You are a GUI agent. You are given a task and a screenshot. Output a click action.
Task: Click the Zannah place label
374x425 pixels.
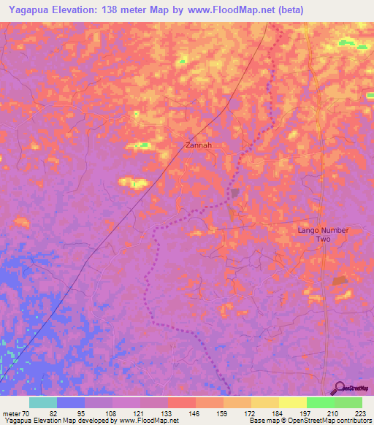[199, 145]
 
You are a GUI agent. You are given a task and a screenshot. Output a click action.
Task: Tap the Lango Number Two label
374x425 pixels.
[324, 234]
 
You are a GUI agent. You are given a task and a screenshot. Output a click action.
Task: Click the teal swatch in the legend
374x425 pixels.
[42, 402]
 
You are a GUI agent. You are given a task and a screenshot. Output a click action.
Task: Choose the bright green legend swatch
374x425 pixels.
[320, 402]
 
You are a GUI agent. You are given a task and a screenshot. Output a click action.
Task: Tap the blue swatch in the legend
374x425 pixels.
[70, 402]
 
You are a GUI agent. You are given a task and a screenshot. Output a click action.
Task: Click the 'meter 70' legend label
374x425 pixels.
[16, 413]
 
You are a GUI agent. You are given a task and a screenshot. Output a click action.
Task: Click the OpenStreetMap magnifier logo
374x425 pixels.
[338, 388]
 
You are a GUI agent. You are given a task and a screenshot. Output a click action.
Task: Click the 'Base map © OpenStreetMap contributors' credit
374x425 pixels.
[310, 421]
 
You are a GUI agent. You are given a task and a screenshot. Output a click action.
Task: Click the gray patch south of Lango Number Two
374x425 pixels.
[340, 280]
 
